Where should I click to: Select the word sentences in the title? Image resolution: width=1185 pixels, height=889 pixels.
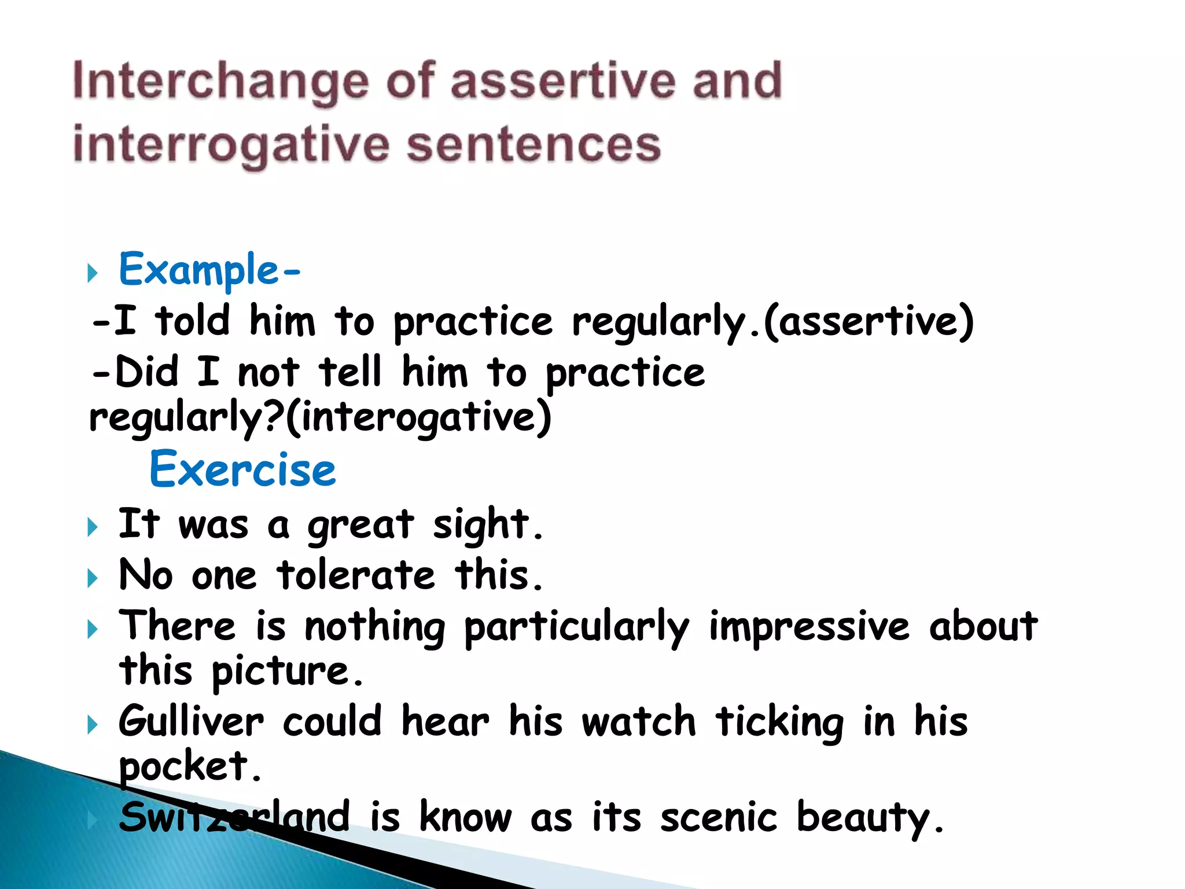point(533,145)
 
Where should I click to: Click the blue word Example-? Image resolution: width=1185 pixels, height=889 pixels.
point(209,270)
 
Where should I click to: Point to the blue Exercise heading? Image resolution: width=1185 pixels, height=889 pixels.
point(243,469)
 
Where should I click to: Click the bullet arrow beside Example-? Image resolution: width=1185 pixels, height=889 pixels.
point(92,272)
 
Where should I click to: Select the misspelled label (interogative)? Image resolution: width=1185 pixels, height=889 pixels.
point(418,417)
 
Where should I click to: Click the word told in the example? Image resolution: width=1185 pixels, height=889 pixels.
point(192,321)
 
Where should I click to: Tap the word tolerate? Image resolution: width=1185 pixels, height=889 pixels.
point(356,575)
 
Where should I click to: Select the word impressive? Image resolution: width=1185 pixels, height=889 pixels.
point(809,626)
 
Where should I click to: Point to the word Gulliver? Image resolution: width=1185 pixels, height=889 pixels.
point(191,722)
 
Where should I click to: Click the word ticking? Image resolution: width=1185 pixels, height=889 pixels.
point(779,722)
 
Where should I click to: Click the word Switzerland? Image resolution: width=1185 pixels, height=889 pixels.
point(234,817)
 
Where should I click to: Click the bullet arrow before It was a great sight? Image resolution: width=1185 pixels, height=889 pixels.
point(92,527)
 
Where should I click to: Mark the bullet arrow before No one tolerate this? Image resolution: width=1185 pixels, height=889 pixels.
point(92,578)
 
